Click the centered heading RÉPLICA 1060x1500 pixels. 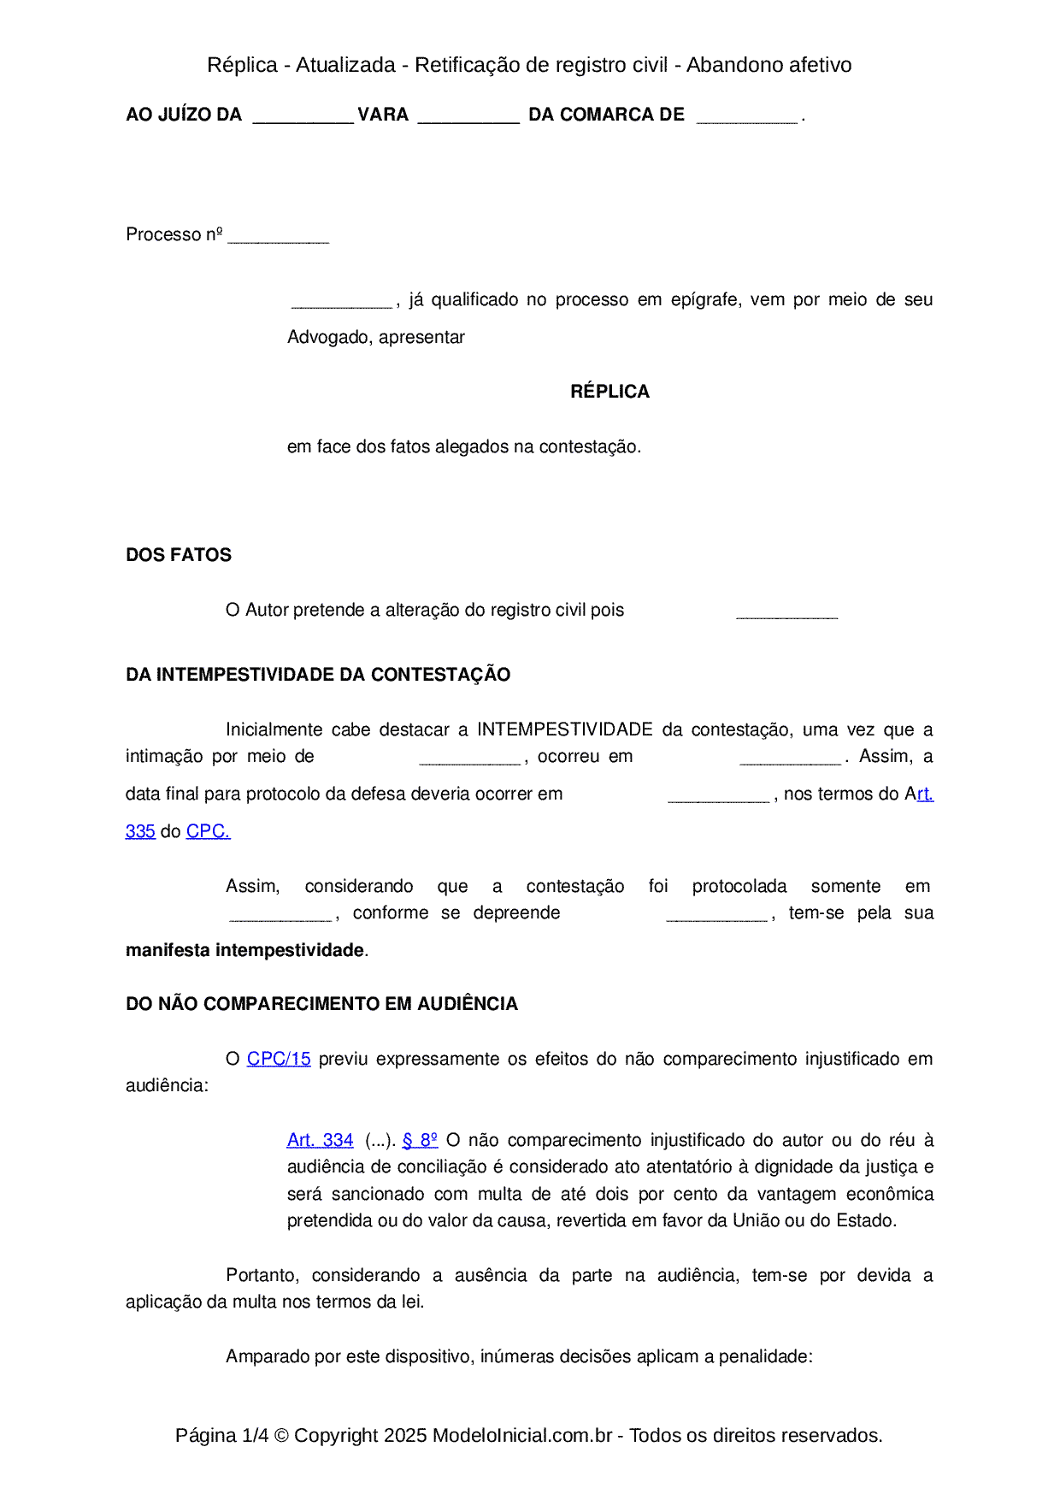[609, 392]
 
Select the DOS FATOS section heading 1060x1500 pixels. [179, 555]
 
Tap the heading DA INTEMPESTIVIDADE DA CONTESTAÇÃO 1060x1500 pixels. [318, 675]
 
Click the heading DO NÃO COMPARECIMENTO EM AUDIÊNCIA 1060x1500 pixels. [321, 1004]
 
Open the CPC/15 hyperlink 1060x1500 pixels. [279, 1059]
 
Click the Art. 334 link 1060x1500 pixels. [320, 1140]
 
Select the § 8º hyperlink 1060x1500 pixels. [420, 1140]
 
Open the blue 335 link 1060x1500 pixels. [140, 831]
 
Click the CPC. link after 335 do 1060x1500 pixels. [208, 831]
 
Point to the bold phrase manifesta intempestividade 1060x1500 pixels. [244, 950]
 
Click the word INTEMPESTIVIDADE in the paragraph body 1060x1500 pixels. [564, 729]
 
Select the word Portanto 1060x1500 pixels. [262, 1275]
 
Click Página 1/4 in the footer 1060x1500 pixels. [221, 1435]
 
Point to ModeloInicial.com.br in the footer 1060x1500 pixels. [521, 1435]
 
